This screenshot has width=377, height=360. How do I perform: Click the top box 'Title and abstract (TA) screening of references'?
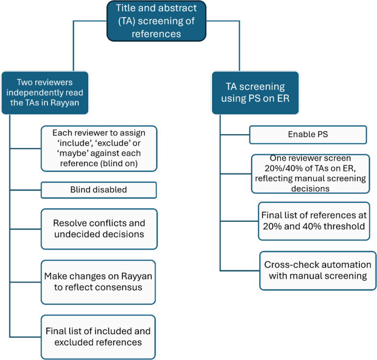coord(156,21)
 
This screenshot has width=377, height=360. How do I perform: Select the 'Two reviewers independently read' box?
coord(45,93)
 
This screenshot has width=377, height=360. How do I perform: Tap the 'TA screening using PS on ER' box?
coord(255,93)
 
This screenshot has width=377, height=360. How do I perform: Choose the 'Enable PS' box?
coord(308,135)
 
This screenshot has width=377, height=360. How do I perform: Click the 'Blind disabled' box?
coord(99,190)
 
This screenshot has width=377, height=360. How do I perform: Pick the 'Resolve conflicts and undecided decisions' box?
coord(99,229)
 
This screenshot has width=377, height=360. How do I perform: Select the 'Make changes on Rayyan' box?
coord(98,282)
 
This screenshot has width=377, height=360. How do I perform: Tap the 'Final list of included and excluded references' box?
coord(98,337)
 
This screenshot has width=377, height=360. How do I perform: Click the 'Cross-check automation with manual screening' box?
coord(318,271)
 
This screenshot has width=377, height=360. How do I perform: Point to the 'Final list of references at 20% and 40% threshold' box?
coord(314,221)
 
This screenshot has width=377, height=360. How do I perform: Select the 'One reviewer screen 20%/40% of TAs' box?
coord(310,174)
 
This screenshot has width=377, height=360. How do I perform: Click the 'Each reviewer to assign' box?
coord(99,148)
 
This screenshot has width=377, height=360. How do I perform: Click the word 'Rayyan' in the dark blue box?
coord(65,103)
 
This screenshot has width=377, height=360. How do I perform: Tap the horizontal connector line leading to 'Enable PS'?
coord(235,135)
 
